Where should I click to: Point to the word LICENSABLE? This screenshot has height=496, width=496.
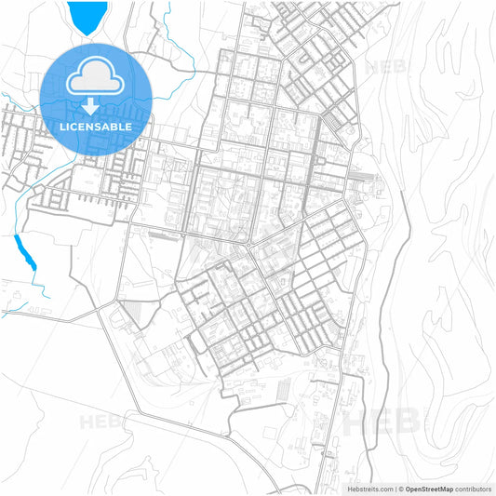click(x=97, y=126)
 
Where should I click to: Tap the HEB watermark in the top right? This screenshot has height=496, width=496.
click(x=385, y=67)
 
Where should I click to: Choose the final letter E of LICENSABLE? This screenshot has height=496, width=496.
click(x=128, y=126)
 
